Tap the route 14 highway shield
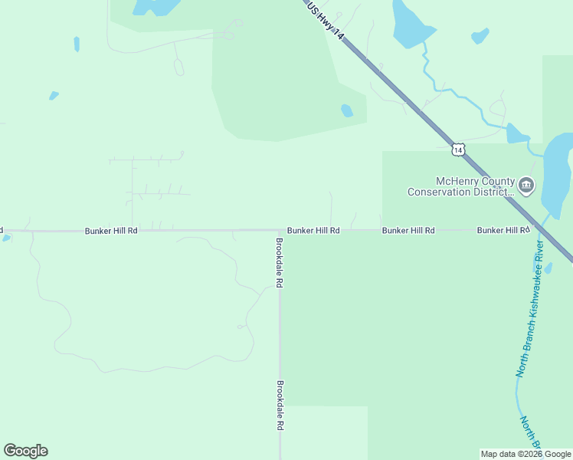[x=457, y=149]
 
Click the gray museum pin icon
[x=526, y=185]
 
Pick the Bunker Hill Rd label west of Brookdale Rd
[x=111, y=230]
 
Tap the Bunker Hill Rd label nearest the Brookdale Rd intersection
[x=313, y=230]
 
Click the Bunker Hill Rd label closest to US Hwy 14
[x=503, y=230]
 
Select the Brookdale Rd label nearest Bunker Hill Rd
[x=280, y=262]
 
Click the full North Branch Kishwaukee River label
[x=530, y=309]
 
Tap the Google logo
[x=25, y=451]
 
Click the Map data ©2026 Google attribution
[x=526, y=454]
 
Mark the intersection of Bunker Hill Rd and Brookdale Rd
[x=279, y=230]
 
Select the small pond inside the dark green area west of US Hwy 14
[x=347, y=110]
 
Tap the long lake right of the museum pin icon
[x=557, y=172]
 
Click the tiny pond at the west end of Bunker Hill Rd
[x=6, y=238]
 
